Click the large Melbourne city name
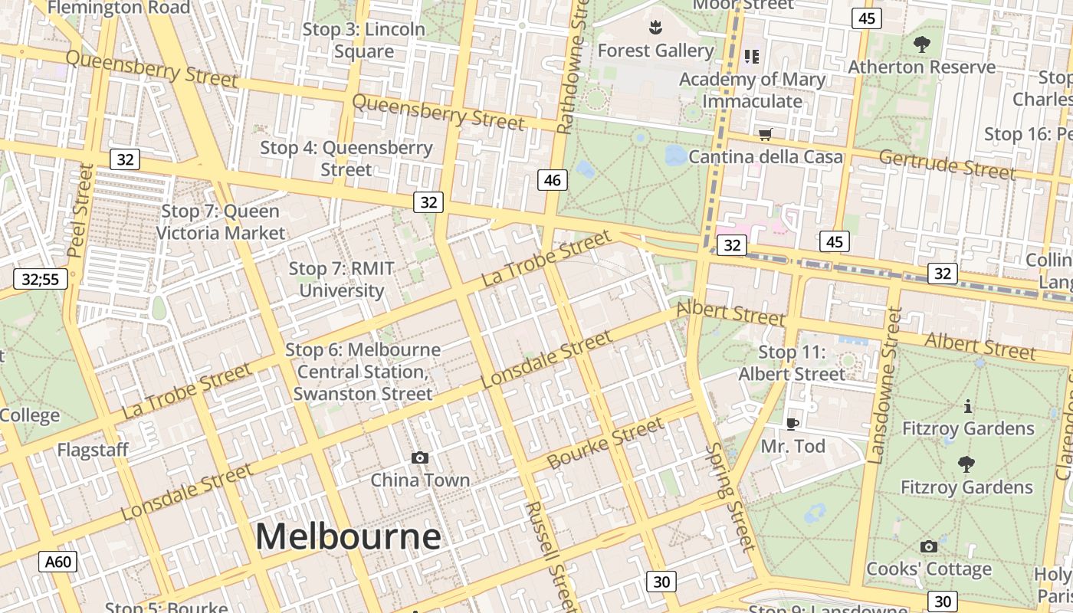click(348, 536)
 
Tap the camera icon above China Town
click(419, 458)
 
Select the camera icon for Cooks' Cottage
click(928, 546)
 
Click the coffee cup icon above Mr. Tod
click(792, 424)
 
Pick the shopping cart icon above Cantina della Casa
click(764, 135)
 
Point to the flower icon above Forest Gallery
click(655, 29)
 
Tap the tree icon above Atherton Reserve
click(921, 45)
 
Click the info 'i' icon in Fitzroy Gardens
click(967, 406)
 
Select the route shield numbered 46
click(552, 180)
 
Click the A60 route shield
click(57, 562)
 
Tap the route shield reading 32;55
click(40, 279)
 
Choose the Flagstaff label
click(93, 450)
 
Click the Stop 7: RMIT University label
click(342, 280)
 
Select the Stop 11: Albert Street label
click(792, 363)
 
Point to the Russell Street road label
click(550, 556)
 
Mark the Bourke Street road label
click(606, 444)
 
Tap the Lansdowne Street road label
click(884, 385)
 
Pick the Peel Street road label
click(80, 210)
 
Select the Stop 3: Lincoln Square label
click(364, 41)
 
